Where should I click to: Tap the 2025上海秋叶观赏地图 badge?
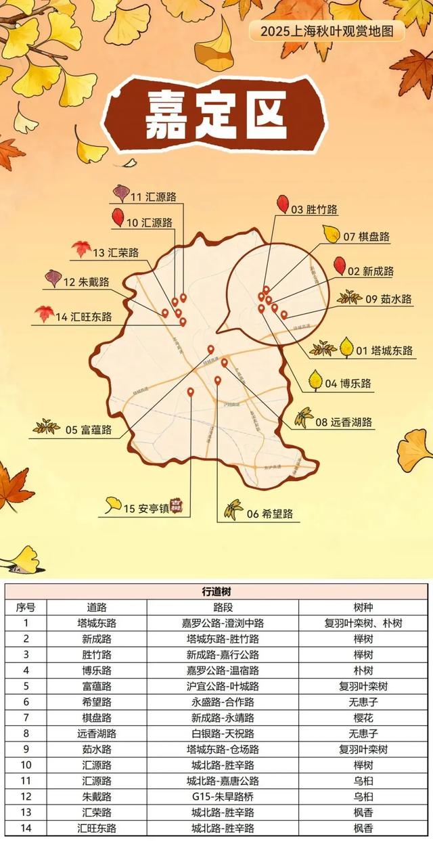327,30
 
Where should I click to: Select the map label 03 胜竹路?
314,210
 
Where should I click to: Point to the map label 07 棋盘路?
366,237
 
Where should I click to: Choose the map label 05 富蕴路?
88,429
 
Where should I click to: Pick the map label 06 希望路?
269,514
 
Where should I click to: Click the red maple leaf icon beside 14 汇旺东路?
45,313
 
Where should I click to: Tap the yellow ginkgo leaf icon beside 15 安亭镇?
113,503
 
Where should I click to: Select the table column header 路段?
223,607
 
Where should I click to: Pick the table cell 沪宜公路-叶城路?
223,685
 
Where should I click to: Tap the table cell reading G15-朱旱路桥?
223,796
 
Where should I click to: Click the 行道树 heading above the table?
216,591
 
